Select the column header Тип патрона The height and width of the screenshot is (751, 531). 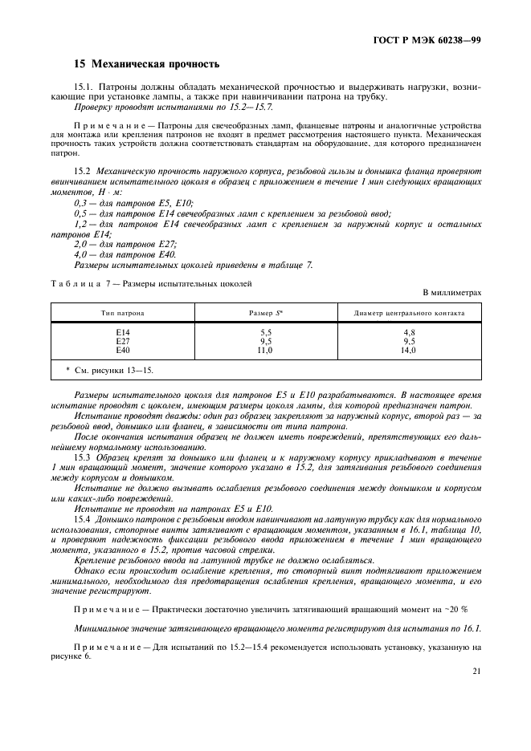pyautogui.click(x=122, y=311)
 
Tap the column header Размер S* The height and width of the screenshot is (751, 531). pyautogui.click(x=265, y=311)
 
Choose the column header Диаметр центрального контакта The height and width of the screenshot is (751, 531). pyautogui.click(x=409, y=311)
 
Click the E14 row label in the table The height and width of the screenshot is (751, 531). pyautogui.click(x=122, y=331)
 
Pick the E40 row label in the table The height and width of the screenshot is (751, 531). pyautogui.click(x=122, y=351)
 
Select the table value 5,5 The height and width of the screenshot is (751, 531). pyautogui.click(x=265, y=331)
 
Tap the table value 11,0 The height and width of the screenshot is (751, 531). pyautogui.click(x=265, y=351)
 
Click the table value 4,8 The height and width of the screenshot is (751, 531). pyautogui.click(x=409, y=331)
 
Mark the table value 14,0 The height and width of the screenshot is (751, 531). pyautogui.click(x=409, y=351)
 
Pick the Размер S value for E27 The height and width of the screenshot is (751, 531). pyautogui.click(x=265, y=341)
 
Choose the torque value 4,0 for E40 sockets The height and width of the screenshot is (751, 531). pyautogui.click(x=81, y=254)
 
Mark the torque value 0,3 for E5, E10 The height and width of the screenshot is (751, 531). pyautogui.click(x=81, y=205)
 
